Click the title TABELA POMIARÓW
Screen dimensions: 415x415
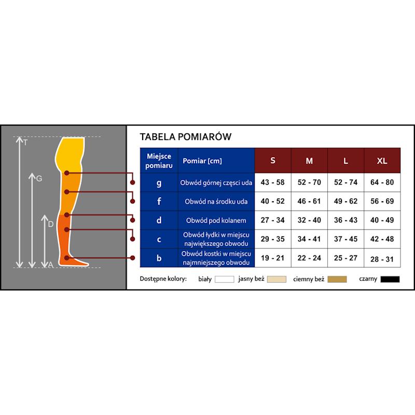[185, 137]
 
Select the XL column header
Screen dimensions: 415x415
[382, 161]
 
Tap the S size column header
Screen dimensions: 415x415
[273, 161]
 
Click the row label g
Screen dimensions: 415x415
[159, 183]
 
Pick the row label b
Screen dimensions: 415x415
[159, 258]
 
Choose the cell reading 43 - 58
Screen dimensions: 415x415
[273, 183]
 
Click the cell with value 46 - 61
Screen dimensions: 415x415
[309, 201]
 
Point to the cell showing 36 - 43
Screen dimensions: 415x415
[345, 220]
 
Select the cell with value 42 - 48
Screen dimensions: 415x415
[382, 239]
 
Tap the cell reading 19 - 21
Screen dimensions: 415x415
[273, 258]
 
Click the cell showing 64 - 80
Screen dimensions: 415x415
[382, 183]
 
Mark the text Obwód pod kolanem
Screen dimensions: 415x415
[216, 220]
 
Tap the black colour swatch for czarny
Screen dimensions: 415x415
[390, 279]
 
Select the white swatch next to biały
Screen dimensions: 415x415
[225, 279]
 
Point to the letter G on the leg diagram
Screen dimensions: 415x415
[39, 178]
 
